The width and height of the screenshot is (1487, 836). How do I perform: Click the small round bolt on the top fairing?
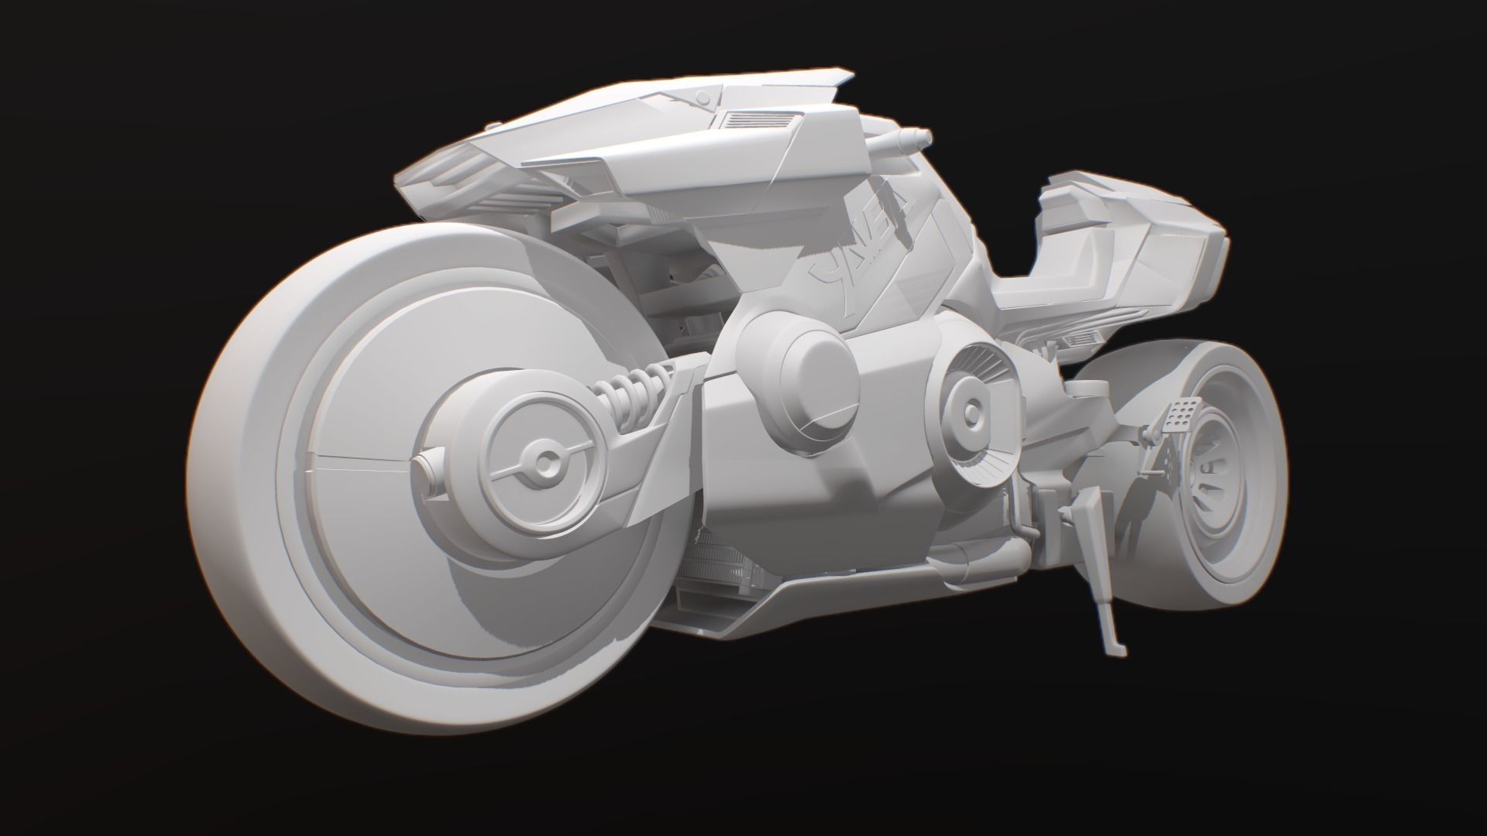(702, 98)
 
